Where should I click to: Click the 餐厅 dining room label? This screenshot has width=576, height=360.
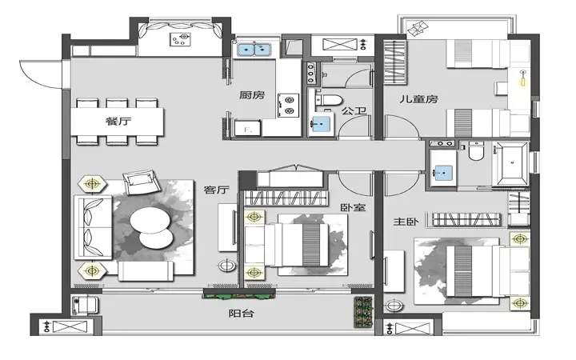(x=118, y=122)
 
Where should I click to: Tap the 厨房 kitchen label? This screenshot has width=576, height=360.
(x=252, y=95)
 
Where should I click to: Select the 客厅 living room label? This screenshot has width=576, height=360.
(x=217, y=190)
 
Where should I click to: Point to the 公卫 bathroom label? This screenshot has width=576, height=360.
(x=354, y=110)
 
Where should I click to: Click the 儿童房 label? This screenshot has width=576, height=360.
(x=418, y=99)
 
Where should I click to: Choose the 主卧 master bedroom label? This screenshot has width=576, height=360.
(x=406, y=222)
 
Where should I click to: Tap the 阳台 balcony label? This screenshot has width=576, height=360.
(x=242, y=314)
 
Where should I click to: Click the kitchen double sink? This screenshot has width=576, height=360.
(x=254, y=50)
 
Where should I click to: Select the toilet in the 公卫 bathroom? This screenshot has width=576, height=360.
(x=329, y=100)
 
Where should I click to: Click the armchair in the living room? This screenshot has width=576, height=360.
(x=142, y=182)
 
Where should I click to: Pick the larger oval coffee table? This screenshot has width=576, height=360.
(x=150, y=221)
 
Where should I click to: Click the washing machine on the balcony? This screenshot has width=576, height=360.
(x=85, y=306)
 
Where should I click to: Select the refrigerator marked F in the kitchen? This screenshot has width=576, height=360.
(x=247, y=129)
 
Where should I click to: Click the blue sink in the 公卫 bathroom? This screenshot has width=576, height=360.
(x=321, y=124)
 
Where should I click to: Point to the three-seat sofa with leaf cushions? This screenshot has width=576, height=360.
(x=94, y=227)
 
